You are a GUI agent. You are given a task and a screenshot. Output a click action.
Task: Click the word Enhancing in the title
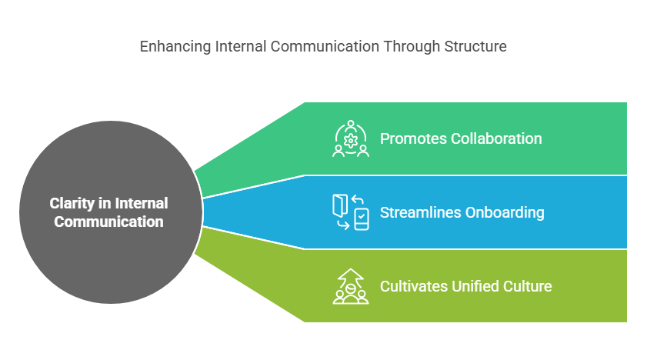(175, 47)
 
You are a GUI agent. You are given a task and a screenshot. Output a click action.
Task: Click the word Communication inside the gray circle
(108, 222)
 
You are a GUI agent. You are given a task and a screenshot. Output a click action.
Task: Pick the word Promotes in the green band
(413, 139)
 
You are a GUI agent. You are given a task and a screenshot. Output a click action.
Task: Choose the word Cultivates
(414, 286)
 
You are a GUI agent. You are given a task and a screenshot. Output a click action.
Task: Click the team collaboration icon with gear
(351, 138)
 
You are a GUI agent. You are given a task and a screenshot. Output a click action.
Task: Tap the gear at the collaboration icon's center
(351, 141)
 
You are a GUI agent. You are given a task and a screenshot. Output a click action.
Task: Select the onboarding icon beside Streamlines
(351, 212)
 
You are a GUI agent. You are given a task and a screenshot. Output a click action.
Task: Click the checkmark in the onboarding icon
(362, 215)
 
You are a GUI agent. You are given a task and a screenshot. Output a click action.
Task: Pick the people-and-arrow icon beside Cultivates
(351, 286)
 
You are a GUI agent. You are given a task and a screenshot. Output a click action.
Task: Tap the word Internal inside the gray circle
(142, 203)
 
